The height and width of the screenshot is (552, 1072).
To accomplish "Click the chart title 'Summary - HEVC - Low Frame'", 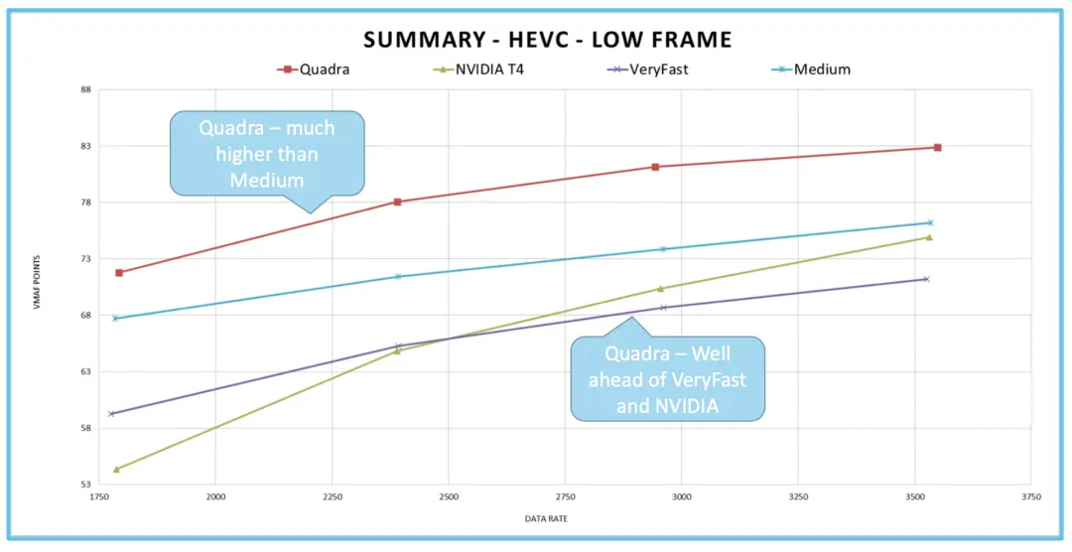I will click(547, 40).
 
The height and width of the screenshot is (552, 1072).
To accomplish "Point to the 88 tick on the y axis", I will click(84, 90).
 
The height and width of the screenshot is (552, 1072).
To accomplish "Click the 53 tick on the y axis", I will click(84, 484).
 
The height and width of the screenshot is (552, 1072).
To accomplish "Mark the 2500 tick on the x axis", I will click(449, 496).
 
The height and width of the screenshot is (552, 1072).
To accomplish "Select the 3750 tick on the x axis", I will click(1031, 496).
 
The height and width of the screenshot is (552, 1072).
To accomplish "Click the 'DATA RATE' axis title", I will click(547, 518).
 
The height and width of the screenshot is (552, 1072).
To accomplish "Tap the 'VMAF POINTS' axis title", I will click(37, 287).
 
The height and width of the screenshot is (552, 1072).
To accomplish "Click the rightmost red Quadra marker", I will click(937, 147).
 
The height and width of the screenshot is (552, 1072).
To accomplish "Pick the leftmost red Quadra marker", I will click(119, 272).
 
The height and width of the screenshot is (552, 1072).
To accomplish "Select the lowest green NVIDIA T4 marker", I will click(116, 469).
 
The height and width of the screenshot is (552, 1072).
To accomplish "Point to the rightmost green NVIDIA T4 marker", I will click(929, 237).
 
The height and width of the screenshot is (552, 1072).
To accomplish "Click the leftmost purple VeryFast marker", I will click(111, 413).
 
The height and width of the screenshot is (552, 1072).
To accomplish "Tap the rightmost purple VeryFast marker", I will click(926, 279).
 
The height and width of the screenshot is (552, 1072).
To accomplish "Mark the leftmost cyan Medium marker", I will click(115, 318).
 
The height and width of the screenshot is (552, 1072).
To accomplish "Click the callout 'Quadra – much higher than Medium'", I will click(267, 154).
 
